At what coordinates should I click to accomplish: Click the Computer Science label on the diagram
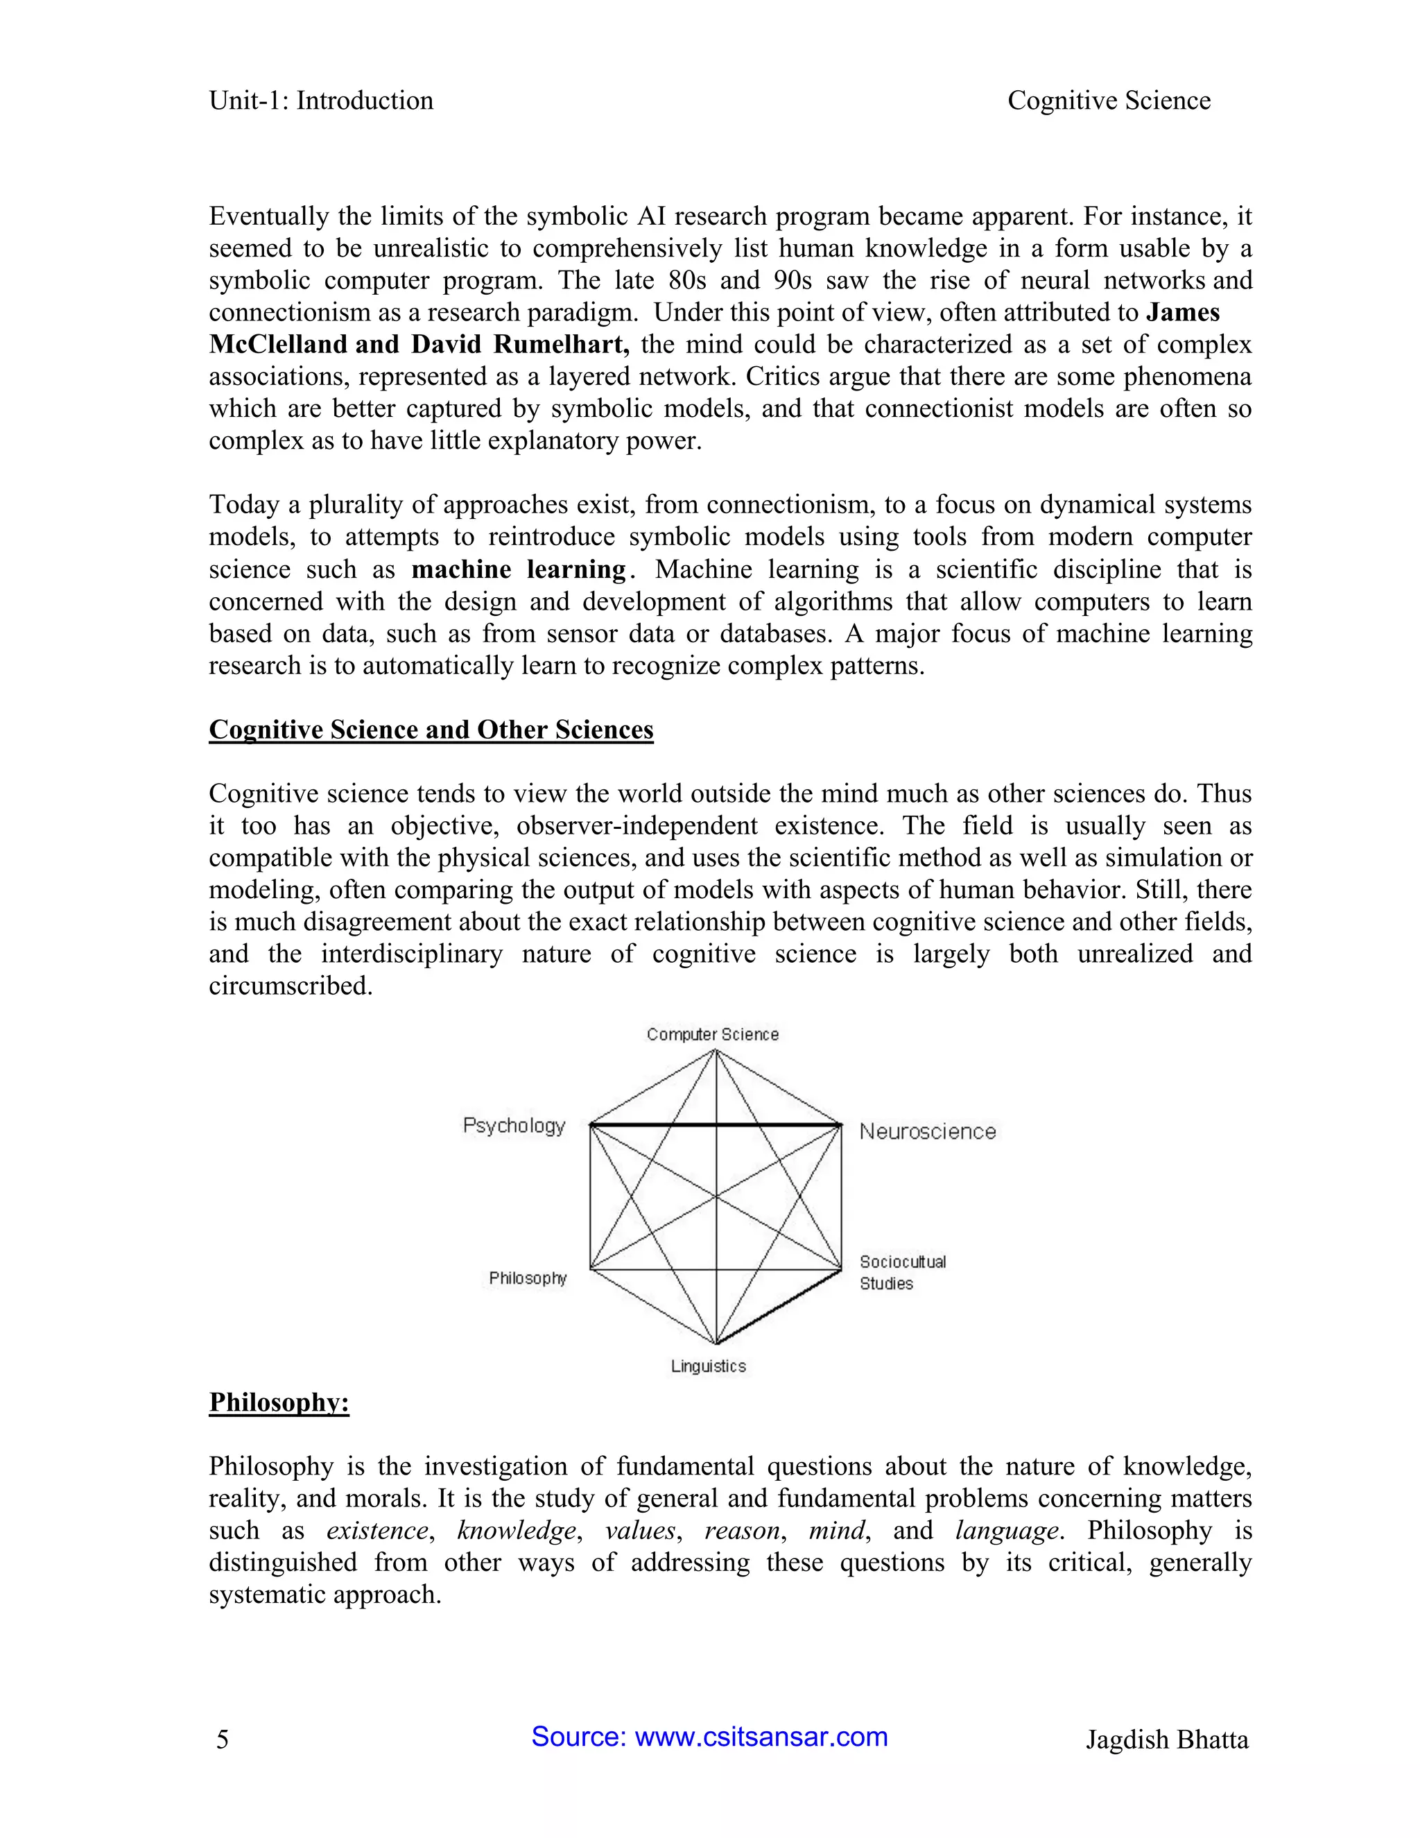pyautogui.click(x=713, y=1034)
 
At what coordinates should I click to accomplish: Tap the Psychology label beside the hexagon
pyautogui.click(x=514, y=1126)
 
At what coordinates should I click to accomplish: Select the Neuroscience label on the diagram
pyautogui.click(x=927, y=1132)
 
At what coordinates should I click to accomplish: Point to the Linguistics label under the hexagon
pyautogui.click(x=709, y=1366)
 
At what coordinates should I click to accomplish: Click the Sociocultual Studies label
pyautogui.click(x=902, y=1273)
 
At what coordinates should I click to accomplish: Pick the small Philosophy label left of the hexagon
pyautogui.click(x=528, y=1278)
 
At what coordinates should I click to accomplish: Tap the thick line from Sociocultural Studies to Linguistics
pyautogui.click(x=778, y=1306)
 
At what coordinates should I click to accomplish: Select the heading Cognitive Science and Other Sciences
pyautogui.click(x=431, y=730)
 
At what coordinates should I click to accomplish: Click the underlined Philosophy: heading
pyautogui.click(x=279, y=1402)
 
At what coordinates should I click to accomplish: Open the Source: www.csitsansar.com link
pyautogui.click(x=709, y=1736)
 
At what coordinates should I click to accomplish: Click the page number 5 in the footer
pyautogui.click(x=222, y=1740)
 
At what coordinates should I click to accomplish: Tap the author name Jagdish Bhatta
pyautogui.click(x=1166, y=1740)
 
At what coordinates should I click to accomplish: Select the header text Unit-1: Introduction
pyautogui.click(x=321, y=101)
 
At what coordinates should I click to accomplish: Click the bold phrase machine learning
pyautogui.click(x=518, y=569)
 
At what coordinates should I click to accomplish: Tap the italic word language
pyautogui.click(x=1006, y=1530)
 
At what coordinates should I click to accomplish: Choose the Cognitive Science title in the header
pyautogui.click(x=1108, y=101)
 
